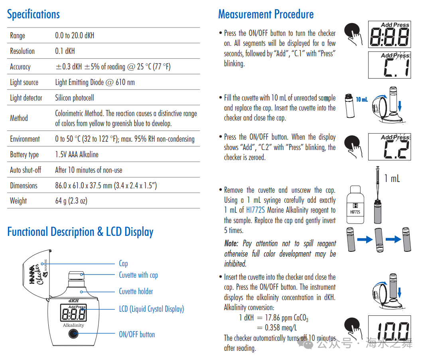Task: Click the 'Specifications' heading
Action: click(x=34, y=14)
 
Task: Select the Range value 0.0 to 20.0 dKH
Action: click(x=75, y=36)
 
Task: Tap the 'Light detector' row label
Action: click(x=26, y=98)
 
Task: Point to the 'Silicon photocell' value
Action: click(x=75, y=98)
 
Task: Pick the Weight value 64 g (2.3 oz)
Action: click(x=71, y=201)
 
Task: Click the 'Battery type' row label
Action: click(x=24, y=155)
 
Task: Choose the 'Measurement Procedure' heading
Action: click(x=266, y=14)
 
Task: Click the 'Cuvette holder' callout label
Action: click(x=136, y=291)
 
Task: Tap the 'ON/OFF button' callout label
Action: click(x=137, y=334)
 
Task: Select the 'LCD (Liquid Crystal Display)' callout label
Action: click(x=152, y=309)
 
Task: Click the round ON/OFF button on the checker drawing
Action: click(x=73, y=333)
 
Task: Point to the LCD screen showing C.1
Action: click(x=389, y=65)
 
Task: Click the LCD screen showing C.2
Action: click(x=389, y=146)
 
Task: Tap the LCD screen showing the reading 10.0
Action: click(x=389, y=329)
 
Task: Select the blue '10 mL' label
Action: click(x=362, y=99)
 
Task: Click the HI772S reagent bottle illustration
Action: click(x=355, y=204)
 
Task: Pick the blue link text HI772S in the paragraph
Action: click(x=255, y=210)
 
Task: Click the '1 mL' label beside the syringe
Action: click(x=392, y=179)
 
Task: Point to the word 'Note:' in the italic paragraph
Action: click(x=231, y=243)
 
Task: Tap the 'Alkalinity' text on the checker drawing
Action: click(x=73, y=325)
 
